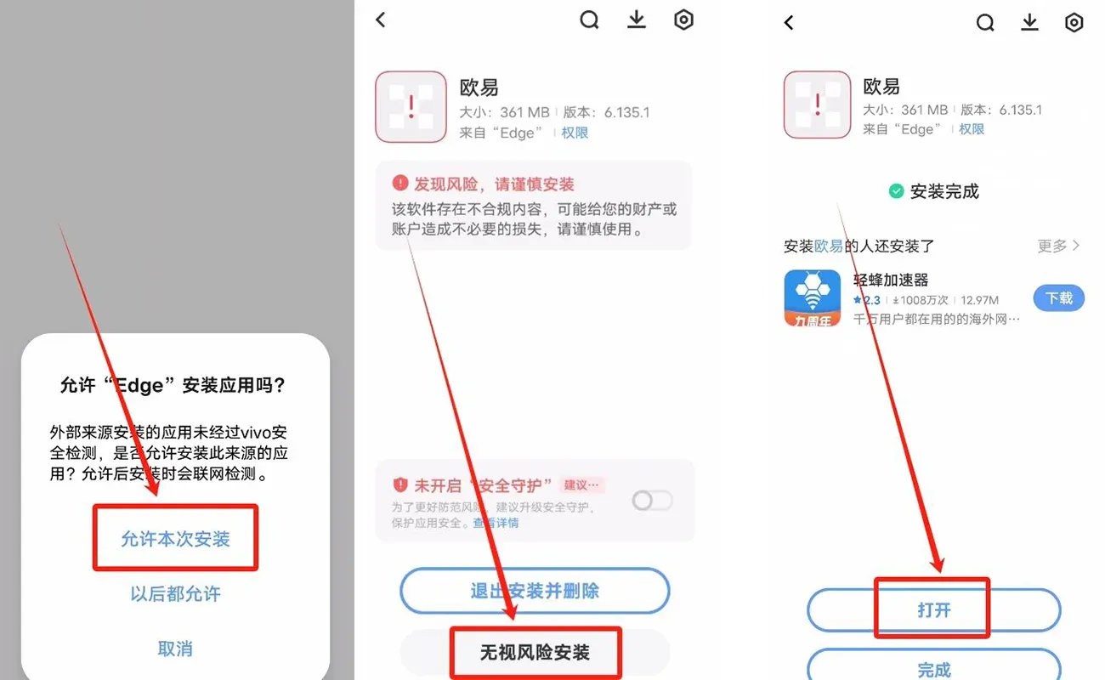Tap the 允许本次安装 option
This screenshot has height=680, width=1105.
(175, 539)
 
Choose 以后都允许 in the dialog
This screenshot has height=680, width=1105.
(175, 593)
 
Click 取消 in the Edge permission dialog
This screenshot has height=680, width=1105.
(175, 649)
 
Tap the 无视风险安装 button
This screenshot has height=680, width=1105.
(535, 653)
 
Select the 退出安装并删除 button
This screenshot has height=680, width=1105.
(535, 591)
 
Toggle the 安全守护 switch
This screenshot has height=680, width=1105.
(652, 501)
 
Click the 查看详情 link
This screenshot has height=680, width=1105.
(496, 524)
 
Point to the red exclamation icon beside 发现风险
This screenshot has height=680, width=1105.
(400, 184)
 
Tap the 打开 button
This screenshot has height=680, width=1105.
(933, 609)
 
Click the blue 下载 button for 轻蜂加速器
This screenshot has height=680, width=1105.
(1058, 298)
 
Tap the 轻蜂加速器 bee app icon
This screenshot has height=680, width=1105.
(812, 298)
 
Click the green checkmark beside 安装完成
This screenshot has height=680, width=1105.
(896, 191)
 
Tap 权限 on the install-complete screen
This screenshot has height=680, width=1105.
(972, 129)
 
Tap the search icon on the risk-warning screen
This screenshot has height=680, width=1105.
(589, 20)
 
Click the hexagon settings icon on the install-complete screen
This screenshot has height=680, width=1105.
(1074, 22)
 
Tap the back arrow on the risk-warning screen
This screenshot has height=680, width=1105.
(381, 20)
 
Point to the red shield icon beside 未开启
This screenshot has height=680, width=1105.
(400, 484)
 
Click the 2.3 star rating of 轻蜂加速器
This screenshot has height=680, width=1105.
(867, 300)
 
